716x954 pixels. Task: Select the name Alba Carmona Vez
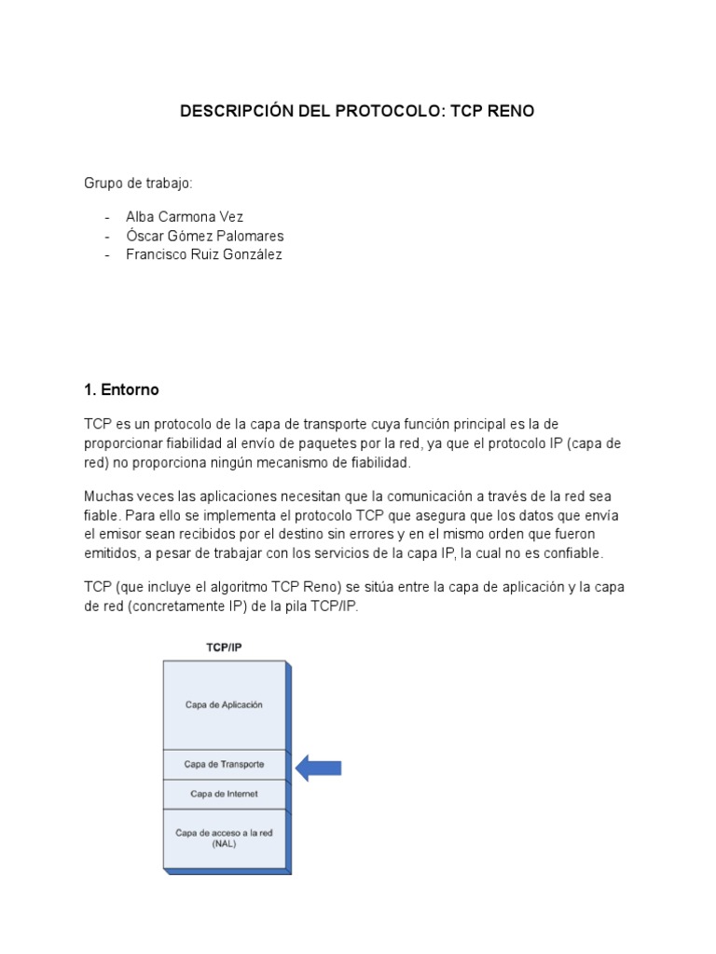[x=185, y=216]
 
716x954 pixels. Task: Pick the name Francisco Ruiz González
[x=203, y=253]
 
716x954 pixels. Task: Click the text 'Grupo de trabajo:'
[x=138, y=184]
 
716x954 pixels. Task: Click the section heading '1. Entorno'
[x=121, y=388]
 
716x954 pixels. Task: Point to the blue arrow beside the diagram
[x=319, y=768]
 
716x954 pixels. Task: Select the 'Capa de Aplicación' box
[x=224, y=705]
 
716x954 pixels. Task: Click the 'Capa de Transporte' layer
[x=224, y=765]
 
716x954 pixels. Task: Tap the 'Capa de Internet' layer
[x=224, y=794]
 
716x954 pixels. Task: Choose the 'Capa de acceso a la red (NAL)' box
[x=224, y=838]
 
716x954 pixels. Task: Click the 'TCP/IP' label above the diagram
[x=224, y=646]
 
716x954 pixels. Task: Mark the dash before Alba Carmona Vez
[x=108, y=216]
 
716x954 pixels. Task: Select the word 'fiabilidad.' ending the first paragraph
[x=375, y=462]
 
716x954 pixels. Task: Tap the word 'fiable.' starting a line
[x=103, y=515]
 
